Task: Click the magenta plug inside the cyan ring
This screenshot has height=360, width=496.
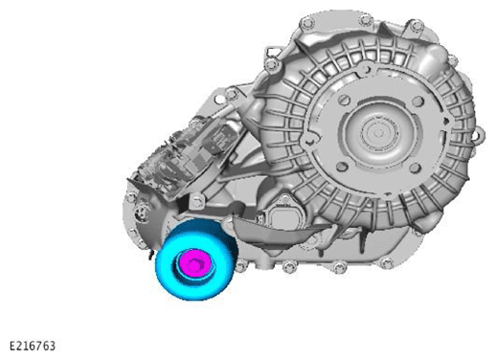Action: pos(194,263)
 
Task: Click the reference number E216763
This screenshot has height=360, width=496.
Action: pos(33,346)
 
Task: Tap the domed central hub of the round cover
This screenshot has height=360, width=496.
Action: pos(379,131)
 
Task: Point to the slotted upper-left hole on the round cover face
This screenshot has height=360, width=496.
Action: pos(344,100)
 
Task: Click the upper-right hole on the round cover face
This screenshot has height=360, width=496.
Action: pos(417,101)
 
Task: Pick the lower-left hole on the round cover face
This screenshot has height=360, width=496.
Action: pos(342,167)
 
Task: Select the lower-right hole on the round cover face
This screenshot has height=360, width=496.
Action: pos(415,168)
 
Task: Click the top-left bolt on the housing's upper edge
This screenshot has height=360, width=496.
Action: pos(307,23)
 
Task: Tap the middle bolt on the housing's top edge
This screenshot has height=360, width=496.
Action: pos(366,20)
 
